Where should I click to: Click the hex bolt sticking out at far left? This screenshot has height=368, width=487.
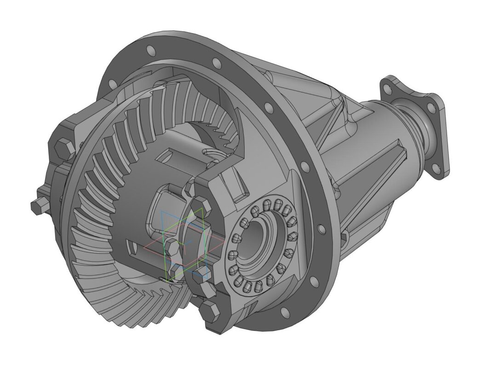click(37, 205)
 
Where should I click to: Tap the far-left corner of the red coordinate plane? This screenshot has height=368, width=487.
click(144, 247)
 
